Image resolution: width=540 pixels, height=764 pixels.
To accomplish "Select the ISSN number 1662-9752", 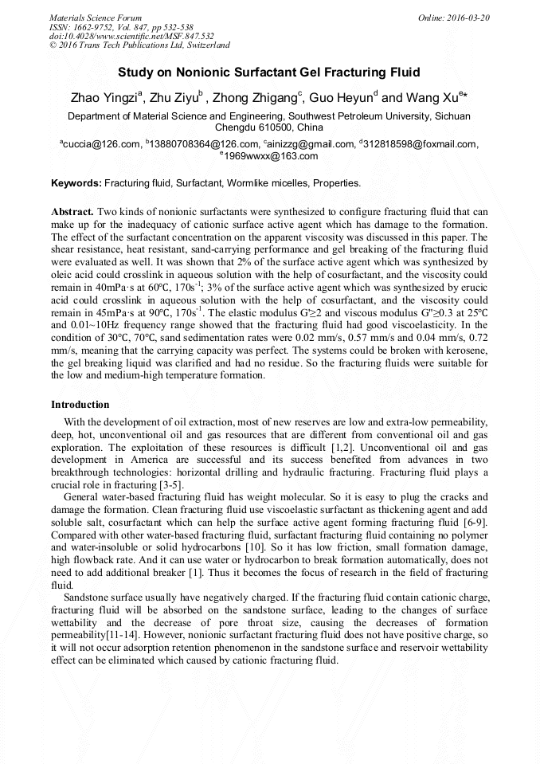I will [x=100, y=26].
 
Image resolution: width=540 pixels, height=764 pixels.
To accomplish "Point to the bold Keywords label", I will [x=76, y=183].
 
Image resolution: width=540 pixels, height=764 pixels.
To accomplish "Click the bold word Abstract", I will [x=72, y=213].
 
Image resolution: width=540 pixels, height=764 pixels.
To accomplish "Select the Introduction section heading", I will [x=80, y=405].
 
